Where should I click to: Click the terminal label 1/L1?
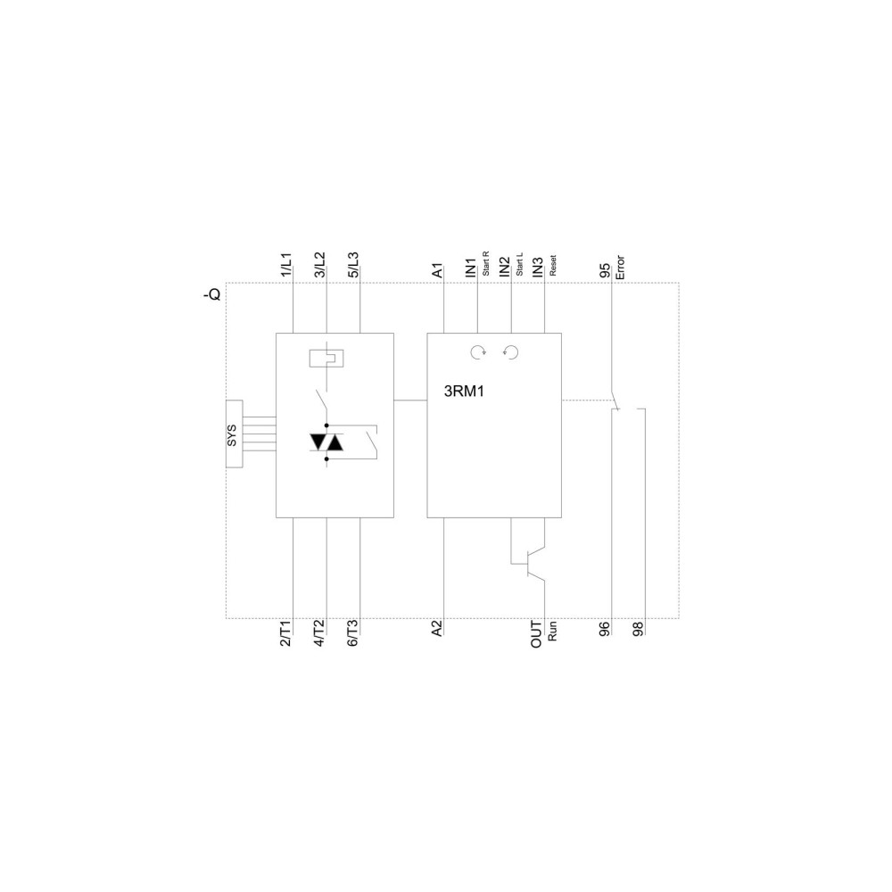click(x=286, y=265)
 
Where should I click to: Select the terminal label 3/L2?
click(x=319, y=265)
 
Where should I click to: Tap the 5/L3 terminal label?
click(x=353, y=265)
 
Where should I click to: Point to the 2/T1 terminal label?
click(x=285, y=633)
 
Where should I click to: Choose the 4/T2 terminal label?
click(x=319, y=633)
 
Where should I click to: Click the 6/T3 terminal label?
click(x=352, y=633)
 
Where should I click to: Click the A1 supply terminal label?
click(x=437, y=270)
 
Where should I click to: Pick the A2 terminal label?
click(x=436, y=629)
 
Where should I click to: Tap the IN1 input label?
click(x=470, y=268)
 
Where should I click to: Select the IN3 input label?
click(x=538, y=268)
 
